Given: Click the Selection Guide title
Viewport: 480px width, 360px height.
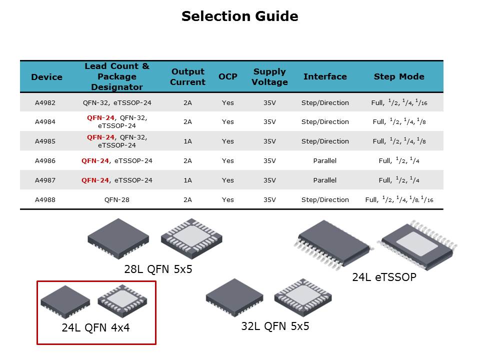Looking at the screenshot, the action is click(239, 16).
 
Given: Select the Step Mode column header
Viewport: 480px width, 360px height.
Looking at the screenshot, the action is click(399, 76).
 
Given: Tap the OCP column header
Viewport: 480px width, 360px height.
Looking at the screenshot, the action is click(228, 76).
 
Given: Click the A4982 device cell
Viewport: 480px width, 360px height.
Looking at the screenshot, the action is click(45, 103).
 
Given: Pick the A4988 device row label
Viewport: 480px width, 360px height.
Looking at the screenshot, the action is click(45, 200).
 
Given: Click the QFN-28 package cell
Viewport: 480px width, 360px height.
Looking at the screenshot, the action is click(117, 200).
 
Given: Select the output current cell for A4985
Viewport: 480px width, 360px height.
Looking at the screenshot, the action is click(187, 141).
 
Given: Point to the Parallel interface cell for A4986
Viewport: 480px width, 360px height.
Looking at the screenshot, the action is click(325, 160).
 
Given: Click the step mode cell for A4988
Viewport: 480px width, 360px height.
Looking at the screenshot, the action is click(399, 199).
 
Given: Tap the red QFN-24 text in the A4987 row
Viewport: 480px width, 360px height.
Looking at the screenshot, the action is click(95, 180).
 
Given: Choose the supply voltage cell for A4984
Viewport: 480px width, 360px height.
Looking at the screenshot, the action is click(269, 122).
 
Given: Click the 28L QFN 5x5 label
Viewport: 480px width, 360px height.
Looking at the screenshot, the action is click(158, 269).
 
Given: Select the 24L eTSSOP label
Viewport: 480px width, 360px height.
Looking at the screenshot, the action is click(384, 277).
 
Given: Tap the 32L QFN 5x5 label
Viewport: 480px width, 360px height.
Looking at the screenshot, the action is click(275, 326).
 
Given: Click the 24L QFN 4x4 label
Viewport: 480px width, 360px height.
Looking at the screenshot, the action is click(96, 327).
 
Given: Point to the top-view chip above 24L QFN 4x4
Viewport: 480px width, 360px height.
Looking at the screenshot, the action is click(65, 301).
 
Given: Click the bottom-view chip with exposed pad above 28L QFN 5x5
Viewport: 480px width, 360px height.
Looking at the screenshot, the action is click(191, 238).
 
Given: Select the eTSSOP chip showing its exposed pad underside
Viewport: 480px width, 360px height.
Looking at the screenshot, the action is click(417, 245).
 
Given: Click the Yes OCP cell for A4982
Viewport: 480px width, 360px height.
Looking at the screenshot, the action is click(228, 103).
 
